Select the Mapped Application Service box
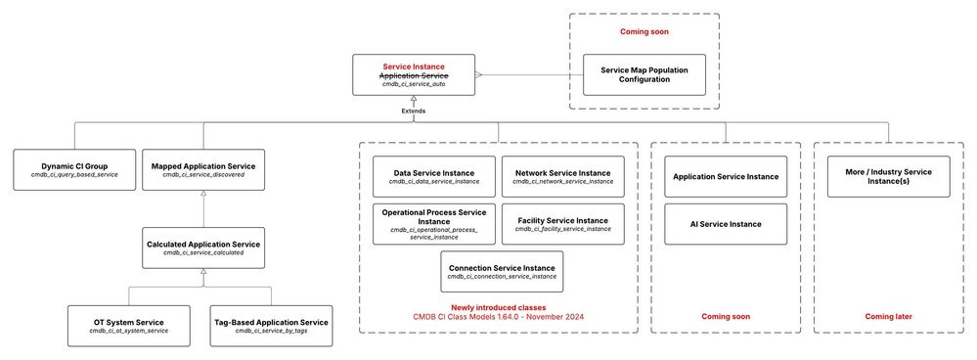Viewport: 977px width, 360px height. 202,169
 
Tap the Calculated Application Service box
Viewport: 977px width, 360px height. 202,247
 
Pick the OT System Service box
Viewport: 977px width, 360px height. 128,325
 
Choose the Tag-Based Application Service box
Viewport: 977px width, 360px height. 271,325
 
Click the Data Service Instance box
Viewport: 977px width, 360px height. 433,176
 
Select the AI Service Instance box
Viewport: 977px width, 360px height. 727,224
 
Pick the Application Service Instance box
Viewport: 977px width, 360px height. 727,176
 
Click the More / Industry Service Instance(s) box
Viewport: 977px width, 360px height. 889,176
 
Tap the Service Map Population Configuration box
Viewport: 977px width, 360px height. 643,74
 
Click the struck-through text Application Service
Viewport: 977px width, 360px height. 415,75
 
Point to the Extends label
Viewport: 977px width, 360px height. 415,111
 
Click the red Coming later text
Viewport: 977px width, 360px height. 889,316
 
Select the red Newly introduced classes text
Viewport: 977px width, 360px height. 499,307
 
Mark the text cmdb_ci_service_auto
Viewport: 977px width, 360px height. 415,85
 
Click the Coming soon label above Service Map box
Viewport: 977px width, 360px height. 643,31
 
